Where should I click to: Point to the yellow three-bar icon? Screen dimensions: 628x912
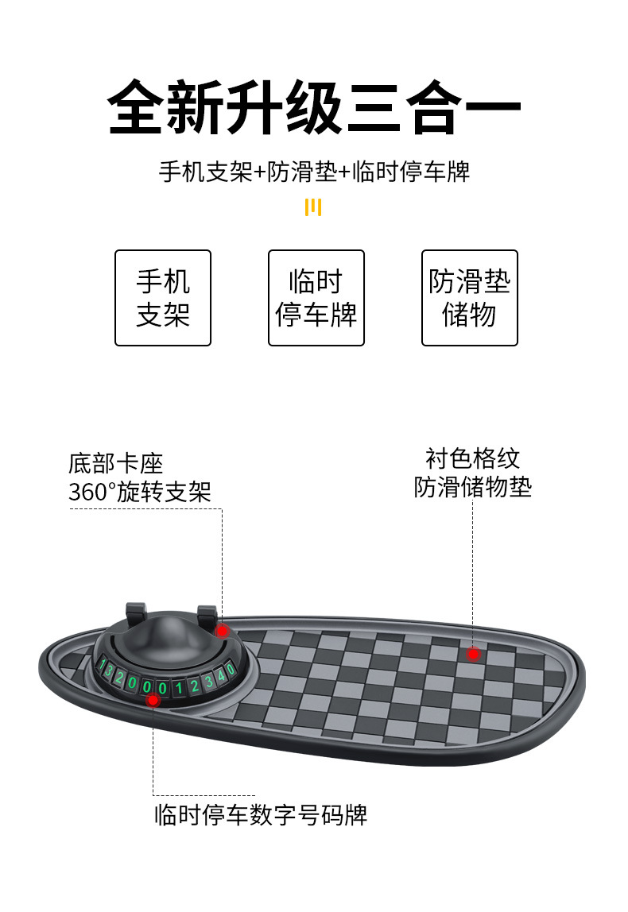point(314,207)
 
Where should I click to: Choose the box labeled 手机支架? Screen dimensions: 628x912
point(163,298)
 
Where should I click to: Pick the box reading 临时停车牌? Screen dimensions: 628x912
point(316,298)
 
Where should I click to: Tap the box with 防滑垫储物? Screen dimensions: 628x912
point(470,298)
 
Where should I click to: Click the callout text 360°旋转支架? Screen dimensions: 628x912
point(140,492)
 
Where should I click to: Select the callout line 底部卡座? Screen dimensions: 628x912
point(115,464)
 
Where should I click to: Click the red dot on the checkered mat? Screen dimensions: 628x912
point(474,654)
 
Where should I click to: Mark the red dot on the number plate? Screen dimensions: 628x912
point(153,700)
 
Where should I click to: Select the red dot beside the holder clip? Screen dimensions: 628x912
point(223,631)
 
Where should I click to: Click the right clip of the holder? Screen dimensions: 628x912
point(207,616)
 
